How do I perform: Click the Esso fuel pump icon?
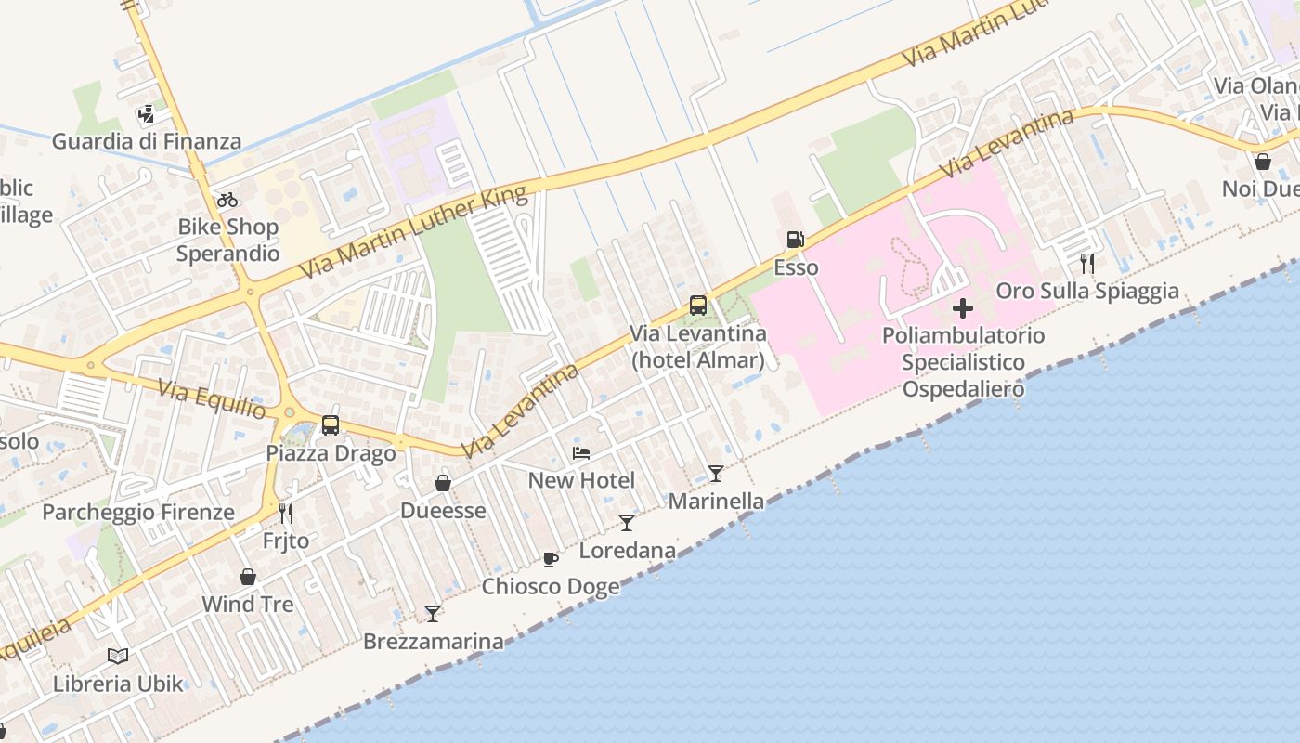(x=795, y=240)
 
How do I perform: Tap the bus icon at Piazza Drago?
(x=331, y=425)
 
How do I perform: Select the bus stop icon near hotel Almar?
(x=697, y=305)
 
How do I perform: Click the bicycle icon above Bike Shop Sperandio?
(x=227, y=199)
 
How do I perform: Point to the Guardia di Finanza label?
(x=147, y=142)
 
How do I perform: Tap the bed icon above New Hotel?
(x=581, y=453)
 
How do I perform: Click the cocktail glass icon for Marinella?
(x=716, y=474)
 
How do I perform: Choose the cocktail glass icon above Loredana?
(x=627, y=523)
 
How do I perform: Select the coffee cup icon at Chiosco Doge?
(x=551, y=559)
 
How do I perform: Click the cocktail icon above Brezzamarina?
(x=433, y=613)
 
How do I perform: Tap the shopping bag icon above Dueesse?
(x=443, y=483)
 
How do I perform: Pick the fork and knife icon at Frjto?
(x=286, y=513)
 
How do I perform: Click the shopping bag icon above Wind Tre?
(x=248, y=577)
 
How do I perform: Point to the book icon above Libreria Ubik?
(x=118, y=657)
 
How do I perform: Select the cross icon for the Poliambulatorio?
(x=963, y=307)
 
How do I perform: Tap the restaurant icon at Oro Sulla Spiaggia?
(x=1087, y=264)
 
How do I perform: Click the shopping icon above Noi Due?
(x=1262, y=162)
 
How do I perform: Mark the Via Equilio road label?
(x=212, y=398)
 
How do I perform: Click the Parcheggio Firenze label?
(x=138, y=512)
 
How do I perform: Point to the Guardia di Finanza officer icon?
(x=146, y=115)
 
